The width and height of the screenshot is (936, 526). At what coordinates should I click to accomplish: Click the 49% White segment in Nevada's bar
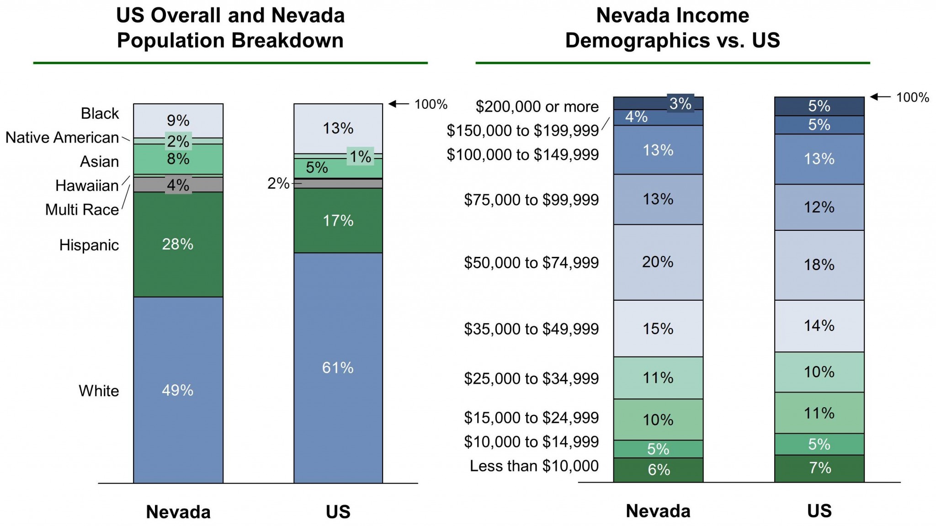click(x=178, y=390)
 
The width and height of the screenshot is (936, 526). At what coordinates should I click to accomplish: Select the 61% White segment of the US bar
click(x=338, y=367)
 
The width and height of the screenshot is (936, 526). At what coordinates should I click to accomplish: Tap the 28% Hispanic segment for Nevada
click(x=178, y=244)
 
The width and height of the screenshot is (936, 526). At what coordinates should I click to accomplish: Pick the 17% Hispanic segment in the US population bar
click(x=338, y=221)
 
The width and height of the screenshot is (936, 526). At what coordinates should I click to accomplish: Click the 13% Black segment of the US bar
click(x=338, y=128)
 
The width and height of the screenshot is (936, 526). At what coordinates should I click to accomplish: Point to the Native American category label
click(x=62, y=138)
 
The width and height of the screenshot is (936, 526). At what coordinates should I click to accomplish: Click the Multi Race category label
click(x=82, y=210)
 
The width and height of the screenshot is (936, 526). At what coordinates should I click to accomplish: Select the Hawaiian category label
click(x=87, y=186)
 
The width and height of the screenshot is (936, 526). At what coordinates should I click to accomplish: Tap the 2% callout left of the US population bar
click(x=278, y=184)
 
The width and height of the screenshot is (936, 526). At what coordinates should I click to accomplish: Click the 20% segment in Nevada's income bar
click(x=658, y=262)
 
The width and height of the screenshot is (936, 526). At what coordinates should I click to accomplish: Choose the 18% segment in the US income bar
click(x=819, y=265)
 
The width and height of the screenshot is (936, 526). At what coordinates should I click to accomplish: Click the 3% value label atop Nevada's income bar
click(x=680, y=104)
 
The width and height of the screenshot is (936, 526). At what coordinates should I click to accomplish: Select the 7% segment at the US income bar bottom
click(x=819, y=468)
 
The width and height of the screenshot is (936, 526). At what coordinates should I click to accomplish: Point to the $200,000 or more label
click(x=537, y=106)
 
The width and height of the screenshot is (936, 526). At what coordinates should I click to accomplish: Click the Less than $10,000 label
click(x=534, y=466)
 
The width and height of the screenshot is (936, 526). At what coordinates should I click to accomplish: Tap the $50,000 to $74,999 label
click(x=531, y=263)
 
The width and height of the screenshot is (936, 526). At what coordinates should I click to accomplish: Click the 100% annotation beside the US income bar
click(x=912, y=97)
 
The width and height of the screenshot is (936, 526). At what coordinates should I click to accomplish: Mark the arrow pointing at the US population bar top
click(x=398, y=104)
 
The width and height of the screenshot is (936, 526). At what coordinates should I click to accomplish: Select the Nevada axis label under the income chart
click(x=658, y=511)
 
